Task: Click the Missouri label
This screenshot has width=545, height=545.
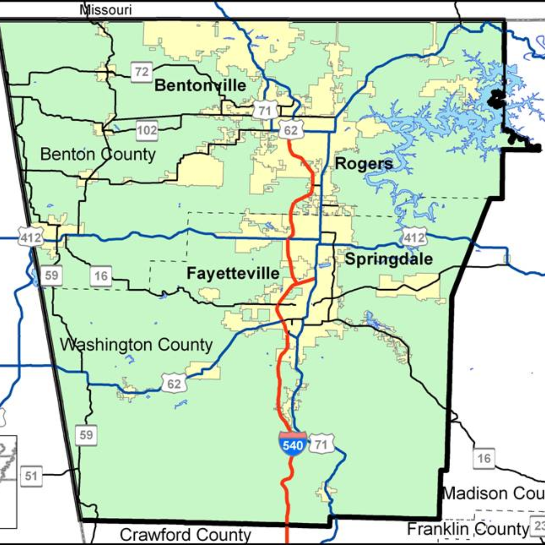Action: (106, 10)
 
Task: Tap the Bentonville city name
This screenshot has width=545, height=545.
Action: (200, 85)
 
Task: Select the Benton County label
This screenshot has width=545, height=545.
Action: (98, 154)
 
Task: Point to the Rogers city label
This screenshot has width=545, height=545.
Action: (364, 163)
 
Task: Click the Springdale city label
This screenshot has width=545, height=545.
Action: (389, 259)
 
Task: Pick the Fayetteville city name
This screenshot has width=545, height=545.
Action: (233, 274)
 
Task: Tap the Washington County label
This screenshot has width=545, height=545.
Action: (136, 345)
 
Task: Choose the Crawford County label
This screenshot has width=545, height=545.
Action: (186, 534)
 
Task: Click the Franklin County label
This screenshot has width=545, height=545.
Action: (468, 529)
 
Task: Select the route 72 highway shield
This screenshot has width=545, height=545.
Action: (142, 72)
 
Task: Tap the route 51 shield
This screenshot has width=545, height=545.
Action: (31, 476)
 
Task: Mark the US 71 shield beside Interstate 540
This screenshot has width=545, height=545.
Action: (319, 445)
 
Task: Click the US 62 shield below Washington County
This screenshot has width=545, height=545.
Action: (174, 384)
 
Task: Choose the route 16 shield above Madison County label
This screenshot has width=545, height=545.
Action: (483, 458)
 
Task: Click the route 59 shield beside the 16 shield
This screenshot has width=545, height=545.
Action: (51, 276)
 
